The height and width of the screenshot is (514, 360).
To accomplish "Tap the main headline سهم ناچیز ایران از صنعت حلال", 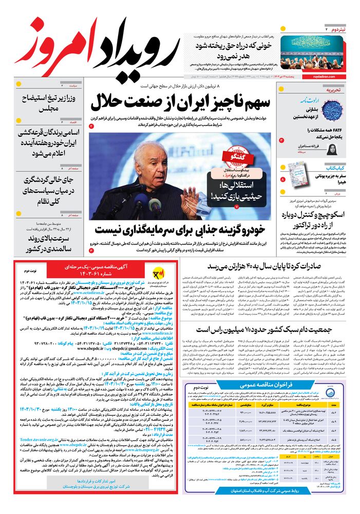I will (180, 102).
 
